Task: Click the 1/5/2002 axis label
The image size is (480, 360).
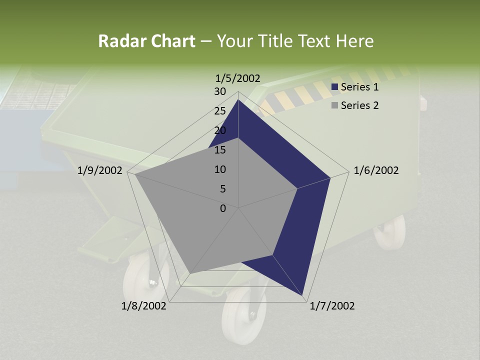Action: pyautogui.click(x=238, y=78)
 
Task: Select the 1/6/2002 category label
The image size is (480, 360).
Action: pyautogui.click(x=376, y=170)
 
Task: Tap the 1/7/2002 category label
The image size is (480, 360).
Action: pyautogui.click(x=332, y=306)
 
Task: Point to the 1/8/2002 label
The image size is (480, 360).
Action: pyautogui.click(x=144, y=306)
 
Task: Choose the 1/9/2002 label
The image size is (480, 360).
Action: pyautogui.click(x=100, y=170)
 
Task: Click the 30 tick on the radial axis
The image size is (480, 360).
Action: pyautogui.click(x=220, y=91)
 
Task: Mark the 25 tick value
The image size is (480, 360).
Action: pyautogui.click(x=220, y=111)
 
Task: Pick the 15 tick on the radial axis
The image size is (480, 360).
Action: pyautogui.click(x=220, y=150)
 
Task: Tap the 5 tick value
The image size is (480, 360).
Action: pyautogui.click(x=223, y=189)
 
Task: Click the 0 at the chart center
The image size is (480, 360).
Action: pyautogui.click(x=223, y=208)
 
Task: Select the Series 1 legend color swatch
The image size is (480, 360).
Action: pyautogui.click(x=335, y=87)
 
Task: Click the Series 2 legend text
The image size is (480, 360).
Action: pyautogui.click(x=359, y=105)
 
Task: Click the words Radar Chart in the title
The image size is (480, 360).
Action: pyautogui.click(x=146, y=41)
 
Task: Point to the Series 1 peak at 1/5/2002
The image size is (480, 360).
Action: pyautogui.click(x=238, y=100)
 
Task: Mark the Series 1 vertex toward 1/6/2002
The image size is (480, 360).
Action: pyautogui.click(x=330, y=177)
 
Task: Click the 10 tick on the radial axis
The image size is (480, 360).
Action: pyautogui.click(x=220, y=169)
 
